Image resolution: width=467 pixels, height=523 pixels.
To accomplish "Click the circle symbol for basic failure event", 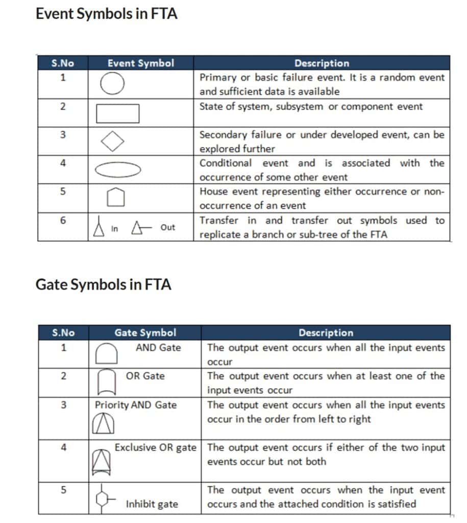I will coord(111,84).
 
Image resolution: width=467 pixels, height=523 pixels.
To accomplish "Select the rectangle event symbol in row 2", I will coord(117,113).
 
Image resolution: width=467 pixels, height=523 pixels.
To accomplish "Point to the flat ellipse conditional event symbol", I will coord(118,170).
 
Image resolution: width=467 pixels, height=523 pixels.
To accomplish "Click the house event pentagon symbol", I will coord(116,197).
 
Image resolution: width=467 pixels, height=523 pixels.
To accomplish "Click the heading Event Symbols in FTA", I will coord(106,14).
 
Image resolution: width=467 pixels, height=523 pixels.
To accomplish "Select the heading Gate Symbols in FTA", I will coord(103,284).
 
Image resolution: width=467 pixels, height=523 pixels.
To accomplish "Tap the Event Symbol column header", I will coord(140,63).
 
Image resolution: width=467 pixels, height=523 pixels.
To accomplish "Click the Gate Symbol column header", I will coord(145,332).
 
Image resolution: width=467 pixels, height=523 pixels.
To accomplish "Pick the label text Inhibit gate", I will coord(152,504).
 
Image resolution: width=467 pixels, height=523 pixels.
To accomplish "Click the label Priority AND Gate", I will coord(136,405).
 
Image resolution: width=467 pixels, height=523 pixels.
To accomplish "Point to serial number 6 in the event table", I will coord(63,221).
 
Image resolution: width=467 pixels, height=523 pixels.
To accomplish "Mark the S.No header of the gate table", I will coord(63,332).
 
